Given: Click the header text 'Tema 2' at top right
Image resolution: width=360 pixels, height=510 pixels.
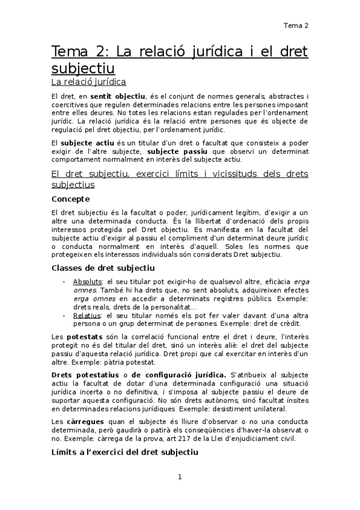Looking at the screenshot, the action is (x=296, y=25).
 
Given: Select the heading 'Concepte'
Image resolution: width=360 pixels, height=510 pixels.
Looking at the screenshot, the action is (x=70, y=198).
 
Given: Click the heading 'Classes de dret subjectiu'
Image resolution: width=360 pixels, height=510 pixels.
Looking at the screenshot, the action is (x=103, y=268).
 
